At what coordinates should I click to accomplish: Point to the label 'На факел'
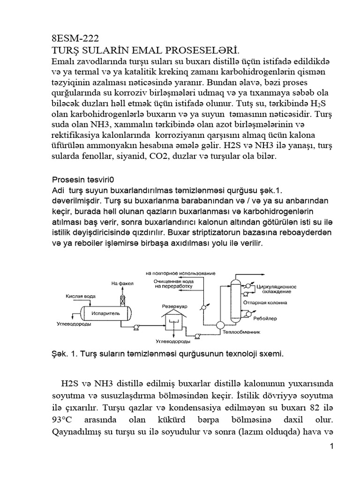[122, 283]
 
